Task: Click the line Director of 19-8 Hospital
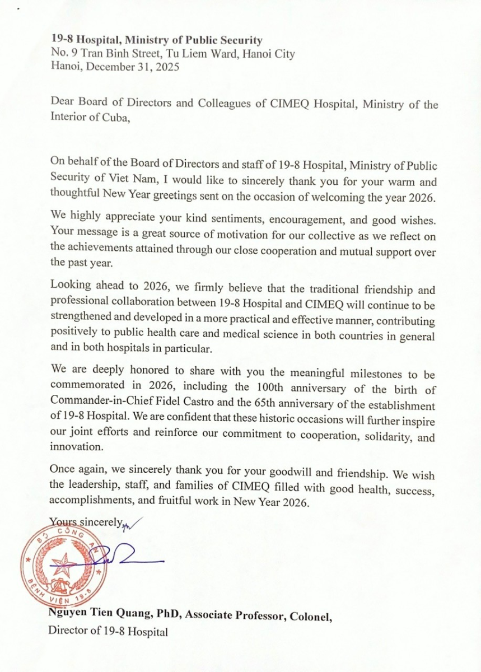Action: [x=108, y=632]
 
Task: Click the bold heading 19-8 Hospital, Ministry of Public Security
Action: [x=156, y=40]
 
